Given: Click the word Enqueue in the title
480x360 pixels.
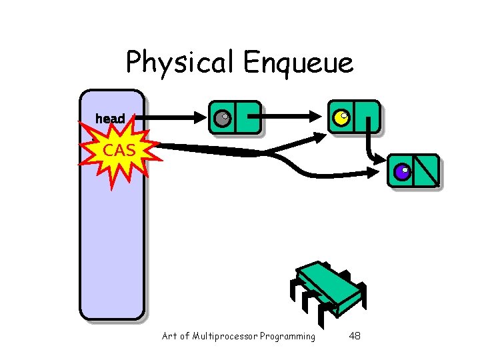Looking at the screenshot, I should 298,63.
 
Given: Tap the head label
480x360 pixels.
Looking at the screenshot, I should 110,119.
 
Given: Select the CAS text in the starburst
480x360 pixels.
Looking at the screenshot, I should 119,151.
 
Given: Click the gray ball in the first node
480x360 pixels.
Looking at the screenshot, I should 222,119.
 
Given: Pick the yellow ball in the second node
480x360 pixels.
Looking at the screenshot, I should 341,118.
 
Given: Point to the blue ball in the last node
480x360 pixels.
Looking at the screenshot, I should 401,172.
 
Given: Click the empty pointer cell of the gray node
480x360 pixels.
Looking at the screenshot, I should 248,118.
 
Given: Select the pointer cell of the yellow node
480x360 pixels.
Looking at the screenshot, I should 367,117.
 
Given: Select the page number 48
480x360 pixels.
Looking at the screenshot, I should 355,336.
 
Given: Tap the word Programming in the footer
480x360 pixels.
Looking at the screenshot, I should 288,336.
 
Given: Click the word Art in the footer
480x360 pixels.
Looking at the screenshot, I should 169,336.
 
